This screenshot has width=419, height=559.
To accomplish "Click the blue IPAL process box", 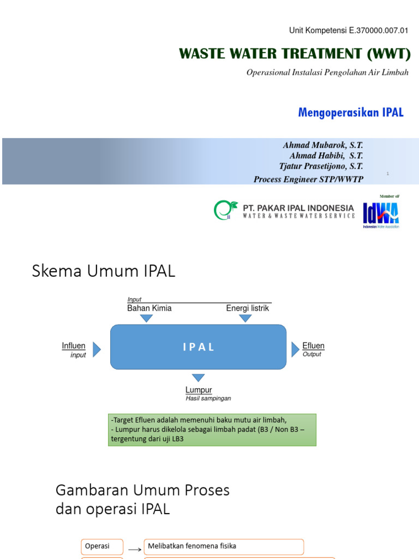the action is tap(198, 347).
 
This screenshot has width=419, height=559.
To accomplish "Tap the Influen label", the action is tap(74, 346).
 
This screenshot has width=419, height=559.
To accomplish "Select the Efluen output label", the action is tap(313, 346).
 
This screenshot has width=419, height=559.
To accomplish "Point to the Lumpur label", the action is tap(199, 390).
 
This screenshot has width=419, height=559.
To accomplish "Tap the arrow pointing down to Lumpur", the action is tap(198, 378).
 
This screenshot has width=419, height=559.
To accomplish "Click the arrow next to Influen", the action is tap(97, 349).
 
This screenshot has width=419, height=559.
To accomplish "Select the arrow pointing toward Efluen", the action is tap(295, 349).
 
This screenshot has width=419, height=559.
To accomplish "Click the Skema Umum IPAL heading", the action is tap(104, 271).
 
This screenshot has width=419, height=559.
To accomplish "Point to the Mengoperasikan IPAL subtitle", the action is tap(351, 112).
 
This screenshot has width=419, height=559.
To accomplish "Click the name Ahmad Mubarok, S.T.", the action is tap(323, 145).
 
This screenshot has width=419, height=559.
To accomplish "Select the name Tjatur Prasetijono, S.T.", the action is tap(322, 166).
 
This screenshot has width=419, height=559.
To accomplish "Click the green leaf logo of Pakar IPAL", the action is tap(225, 210).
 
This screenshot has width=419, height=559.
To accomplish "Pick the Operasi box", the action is tap(103, 546).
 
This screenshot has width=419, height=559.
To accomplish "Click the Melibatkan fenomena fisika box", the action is tap(224, 546).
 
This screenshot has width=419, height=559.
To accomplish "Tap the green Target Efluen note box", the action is tap(212, 430).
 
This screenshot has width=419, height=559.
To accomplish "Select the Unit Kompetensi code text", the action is tap(349, 31).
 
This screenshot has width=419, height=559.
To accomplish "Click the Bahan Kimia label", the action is tap(149, 308).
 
